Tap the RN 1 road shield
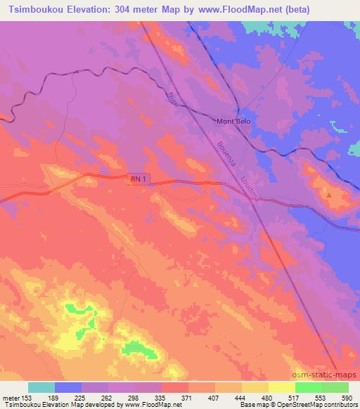138,181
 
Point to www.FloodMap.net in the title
230,10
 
